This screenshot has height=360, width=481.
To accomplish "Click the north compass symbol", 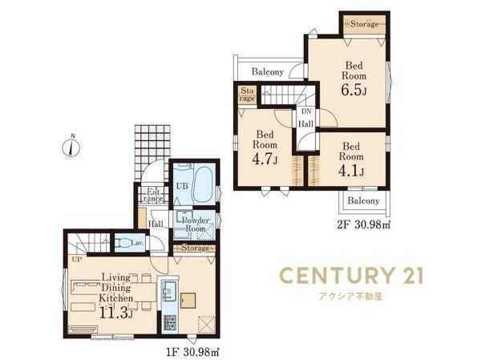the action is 71,147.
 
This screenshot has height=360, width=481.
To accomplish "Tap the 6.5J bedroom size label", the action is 354,90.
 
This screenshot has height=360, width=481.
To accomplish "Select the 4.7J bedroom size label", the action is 265,159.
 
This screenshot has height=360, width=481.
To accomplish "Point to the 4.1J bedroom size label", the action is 351,171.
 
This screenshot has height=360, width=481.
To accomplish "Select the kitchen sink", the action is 168,290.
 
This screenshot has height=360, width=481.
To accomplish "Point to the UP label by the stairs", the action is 77,260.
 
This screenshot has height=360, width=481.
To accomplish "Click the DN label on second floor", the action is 306,111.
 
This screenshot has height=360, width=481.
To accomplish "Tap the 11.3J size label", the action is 116,312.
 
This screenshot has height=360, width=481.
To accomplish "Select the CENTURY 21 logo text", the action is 352,275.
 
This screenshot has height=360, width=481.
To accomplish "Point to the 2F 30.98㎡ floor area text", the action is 363,225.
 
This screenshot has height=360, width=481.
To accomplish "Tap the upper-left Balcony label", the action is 268,72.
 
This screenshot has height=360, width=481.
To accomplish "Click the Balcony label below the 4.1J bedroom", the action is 363,200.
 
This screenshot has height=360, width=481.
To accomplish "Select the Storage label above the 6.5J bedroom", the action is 365,23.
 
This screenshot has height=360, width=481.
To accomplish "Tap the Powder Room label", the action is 196,224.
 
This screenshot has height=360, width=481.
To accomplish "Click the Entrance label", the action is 153,196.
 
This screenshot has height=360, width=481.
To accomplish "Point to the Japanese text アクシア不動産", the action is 351,297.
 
